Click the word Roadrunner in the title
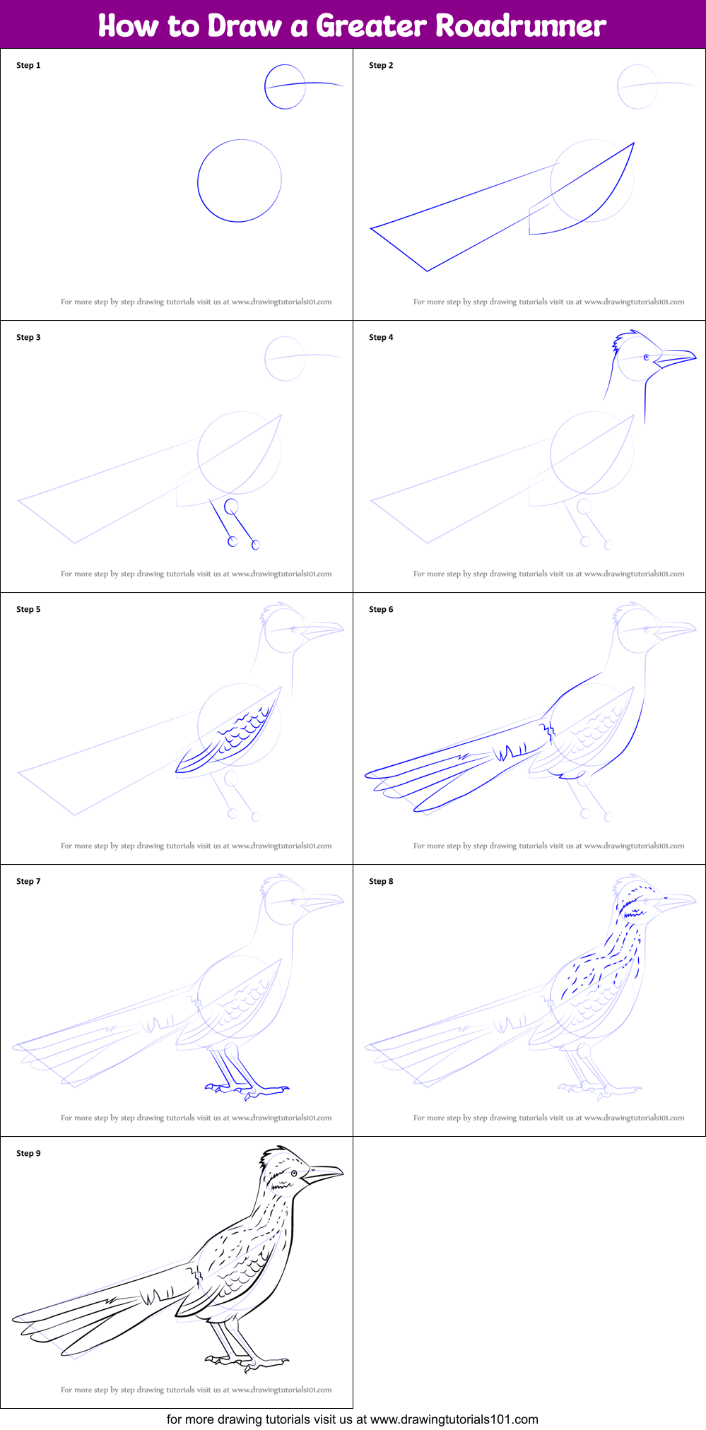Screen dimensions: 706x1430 pos(521,25)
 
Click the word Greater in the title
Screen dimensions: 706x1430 pos(371,25)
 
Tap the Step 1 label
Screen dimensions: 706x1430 pos(28,66)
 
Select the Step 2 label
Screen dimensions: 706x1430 pos(381,66)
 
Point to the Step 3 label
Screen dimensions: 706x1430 pos(28,338)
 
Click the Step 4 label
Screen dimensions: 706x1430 pos(381,338)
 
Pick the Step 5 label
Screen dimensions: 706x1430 pos(28,610)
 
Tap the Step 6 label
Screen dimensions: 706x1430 pos(381,610)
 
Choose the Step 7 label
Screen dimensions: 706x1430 pos(28,882)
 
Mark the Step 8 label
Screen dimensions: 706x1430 pos(381,882)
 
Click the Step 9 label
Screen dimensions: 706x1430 pos(28,1154)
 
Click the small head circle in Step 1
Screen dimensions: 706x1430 pos(265,86)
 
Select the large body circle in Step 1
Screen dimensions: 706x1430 pos(198,181)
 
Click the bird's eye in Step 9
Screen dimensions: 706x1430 pos(294,1174)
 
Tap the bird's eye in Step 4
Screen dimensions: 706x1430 pos(647,357)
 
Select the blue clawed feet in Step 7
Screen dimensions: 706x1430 pos(247,1089)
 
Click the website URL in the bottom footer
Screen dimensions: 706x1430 pos(454,1419)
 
